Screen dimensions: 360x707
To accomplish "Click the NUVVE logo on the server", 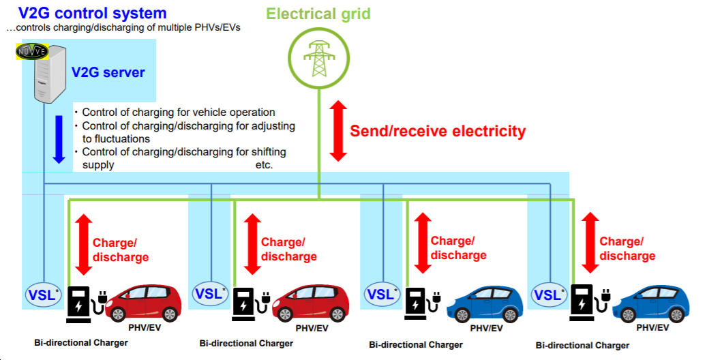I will pos(31,52).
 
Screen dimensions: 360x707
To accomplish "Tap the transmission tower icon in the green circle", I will pos(318,59).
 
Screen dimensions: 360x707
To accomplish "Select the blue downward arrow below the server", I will pos(59,139).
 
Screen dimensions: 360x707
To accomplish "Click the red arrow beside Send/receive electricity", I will pos(337,131).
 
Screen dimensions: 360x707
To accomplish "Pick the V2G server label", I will pos(108,72).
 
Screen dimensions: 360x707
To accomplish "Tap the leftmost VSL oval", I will pos(42,295).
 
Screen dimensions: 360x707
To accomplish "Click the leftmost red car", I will pos(145,301).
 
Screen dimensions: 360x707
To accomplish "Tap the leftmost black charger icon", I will pos(79,303).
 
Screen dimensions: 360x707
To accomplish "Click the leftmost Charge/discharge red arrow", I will pos(82,244).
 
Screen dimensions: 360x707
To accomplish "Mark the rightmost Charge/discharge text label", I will pos(627,249).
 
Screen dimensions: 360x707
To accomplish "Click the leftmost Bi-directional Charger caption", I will pos(81,342).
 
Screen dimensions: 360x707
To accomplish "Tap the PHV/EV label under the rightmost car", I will pos(652,328).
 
